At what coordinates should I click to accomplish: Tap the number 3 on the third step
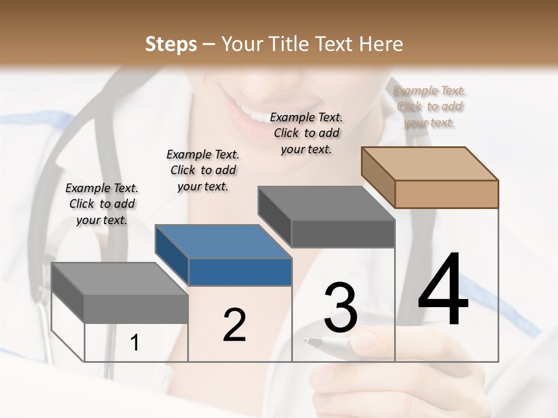[341, 307]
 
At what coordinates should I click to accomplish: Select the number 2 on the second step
[234, 325]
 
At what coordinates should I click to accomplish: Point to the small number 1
[135, 343]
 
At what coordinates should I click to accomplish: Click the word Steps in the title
[171, 44]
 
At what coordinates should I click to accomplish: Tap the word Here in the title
[381, 44]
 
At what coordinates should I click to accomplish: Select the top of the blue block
[224, 242]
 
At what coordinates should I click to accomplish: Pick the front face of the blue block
[240, 272]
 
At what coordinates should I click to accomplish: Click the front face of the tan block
[446, 194]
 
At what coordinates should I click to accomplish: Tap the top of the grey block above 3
[326, 203]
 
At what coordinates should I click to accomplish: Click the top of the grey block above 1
[120, 279]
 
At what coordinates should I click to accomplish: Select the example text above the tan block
[430, 106]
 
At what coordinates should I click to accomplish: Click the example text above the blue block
[203, 170]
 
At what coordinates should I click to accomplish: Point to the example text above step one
[102, 204]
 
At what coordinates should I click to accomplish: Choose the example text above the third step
[306, 133]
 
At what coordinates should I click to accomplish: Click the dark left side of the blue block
[172, 255]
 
